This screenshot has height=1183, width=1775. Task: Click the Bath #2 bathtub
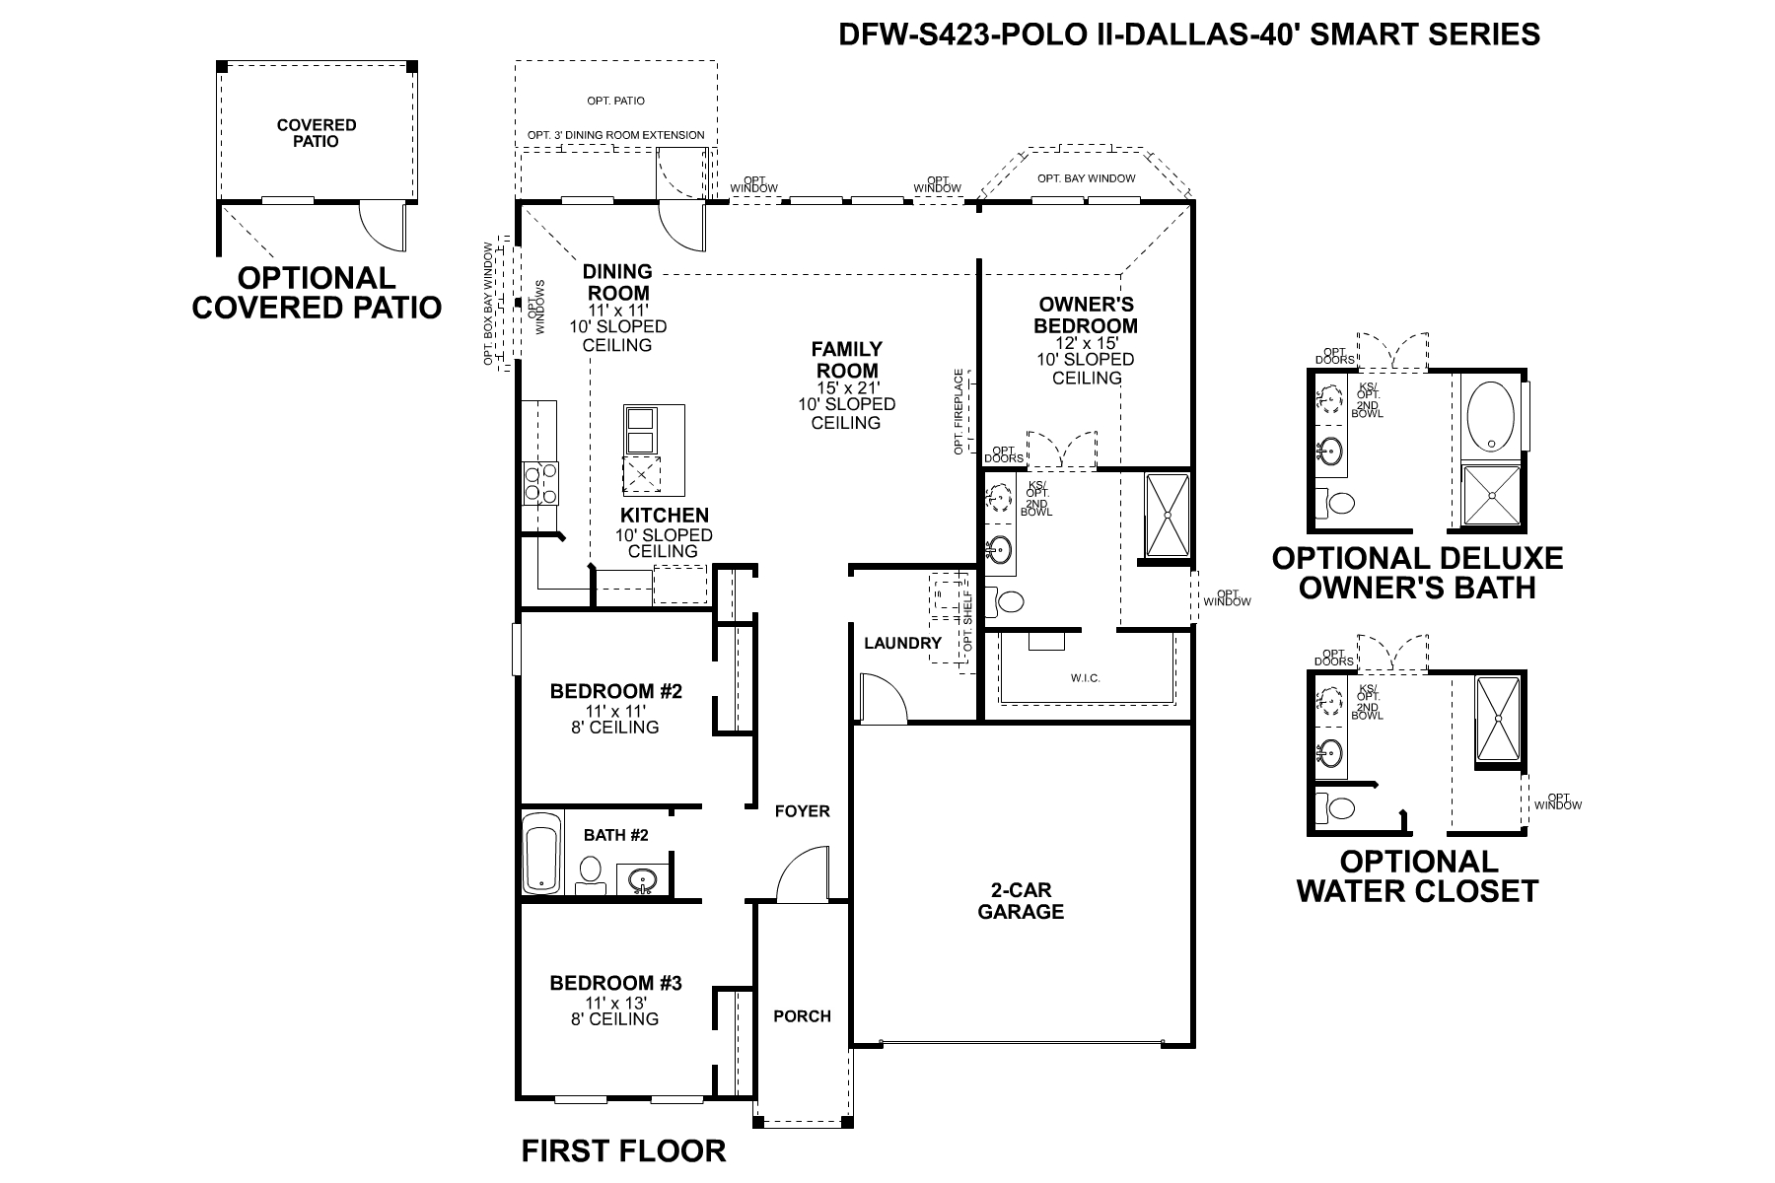click(x=540, y=853)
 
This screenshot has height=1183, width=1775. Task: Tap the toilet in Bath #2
click(x=591, y=872)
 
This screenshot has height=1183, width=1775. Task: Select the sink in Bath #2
click(x=644, y=879)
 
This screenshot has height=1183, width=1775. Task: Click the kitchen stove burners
click(x=539, y=483)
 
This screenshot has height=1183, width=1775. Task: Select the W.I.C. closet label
click(x=1085, y=678)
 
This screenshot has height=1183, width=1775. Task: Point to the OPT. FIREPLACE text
click(x=958, y=412)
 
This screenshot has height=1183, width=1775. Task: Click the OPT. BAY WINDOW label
click(x=1086, y=178)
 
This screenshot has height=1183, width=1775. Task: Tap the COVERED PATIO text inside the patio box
click(x=317, y=133)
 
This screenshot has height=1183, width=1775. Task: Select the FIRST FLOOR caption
click(x=623, y=1150)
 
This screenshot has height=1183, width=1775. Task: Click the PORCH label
click(x=802, y=1016)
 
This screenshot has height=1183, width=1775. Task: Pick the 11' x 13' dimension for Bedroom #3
click(x=615, y=1002)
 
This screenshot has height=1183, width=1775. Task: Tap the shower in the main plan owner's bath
click(x=1168, y=516)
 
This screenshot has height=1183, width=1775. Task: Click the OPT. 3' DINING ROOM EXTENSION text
click(x=615, y=135)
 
